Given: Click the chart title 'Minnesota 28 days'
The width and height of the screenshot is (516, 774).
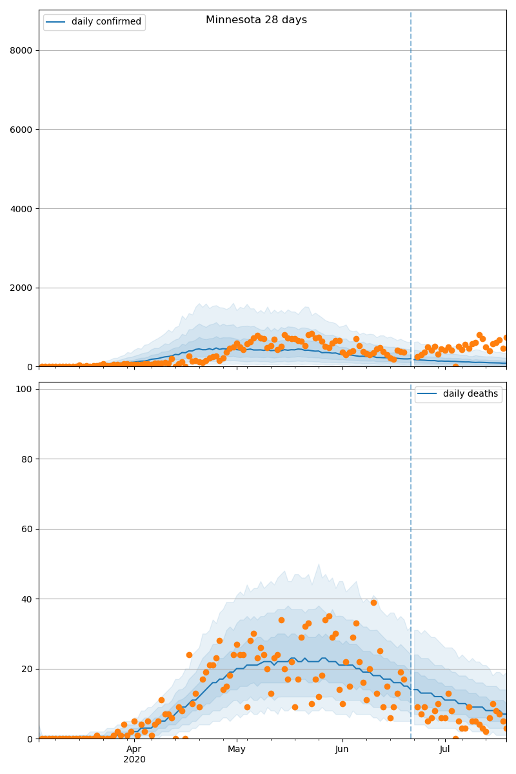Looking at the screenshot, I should pos(256,20).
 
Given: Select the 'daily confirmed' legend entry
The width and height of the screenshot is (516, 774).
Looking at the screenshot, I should pos(106,22).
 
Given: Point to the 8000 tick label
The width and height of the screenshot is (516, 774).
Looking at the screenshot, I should pos(21,50).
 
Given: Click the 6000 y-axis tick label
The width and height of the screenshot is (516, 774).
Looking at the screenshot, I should pos(21,130).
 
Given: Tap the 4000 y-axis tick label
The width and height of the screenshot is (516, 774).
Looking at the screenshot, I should pos(21,209).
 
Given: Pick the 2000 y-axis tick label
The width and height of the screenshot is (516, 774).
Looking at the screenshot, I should pos(21,288).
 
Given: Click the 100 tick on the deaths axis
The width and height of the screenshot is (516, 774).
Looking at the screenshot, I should pos(25,389).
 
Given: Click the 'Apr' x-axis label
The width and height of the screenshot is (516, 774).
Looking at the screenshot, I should pos(134,749).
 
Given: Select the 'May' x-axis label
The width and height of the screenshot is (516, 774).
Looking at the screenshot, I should pos(237,749).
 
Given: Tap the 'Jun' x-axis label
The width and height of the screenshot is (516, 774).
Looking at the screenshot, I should pos(342,749).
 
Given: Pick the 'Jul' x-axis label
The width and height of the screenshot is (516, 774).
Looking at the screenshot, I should pos(445,749).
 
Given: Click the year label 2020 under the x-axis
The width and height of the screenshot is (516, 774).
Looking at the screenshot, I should pos(134,760).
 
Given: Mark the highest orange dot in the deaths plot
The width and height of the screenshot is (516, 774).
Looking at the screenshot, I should pos(373,602).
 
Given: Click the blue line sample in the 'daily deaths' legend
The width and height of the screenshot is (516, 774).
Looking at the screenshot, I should pos(428,394).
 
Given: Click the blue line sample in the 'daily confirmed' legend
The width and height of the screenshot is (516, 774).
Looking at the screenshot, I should pos(57,22).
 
